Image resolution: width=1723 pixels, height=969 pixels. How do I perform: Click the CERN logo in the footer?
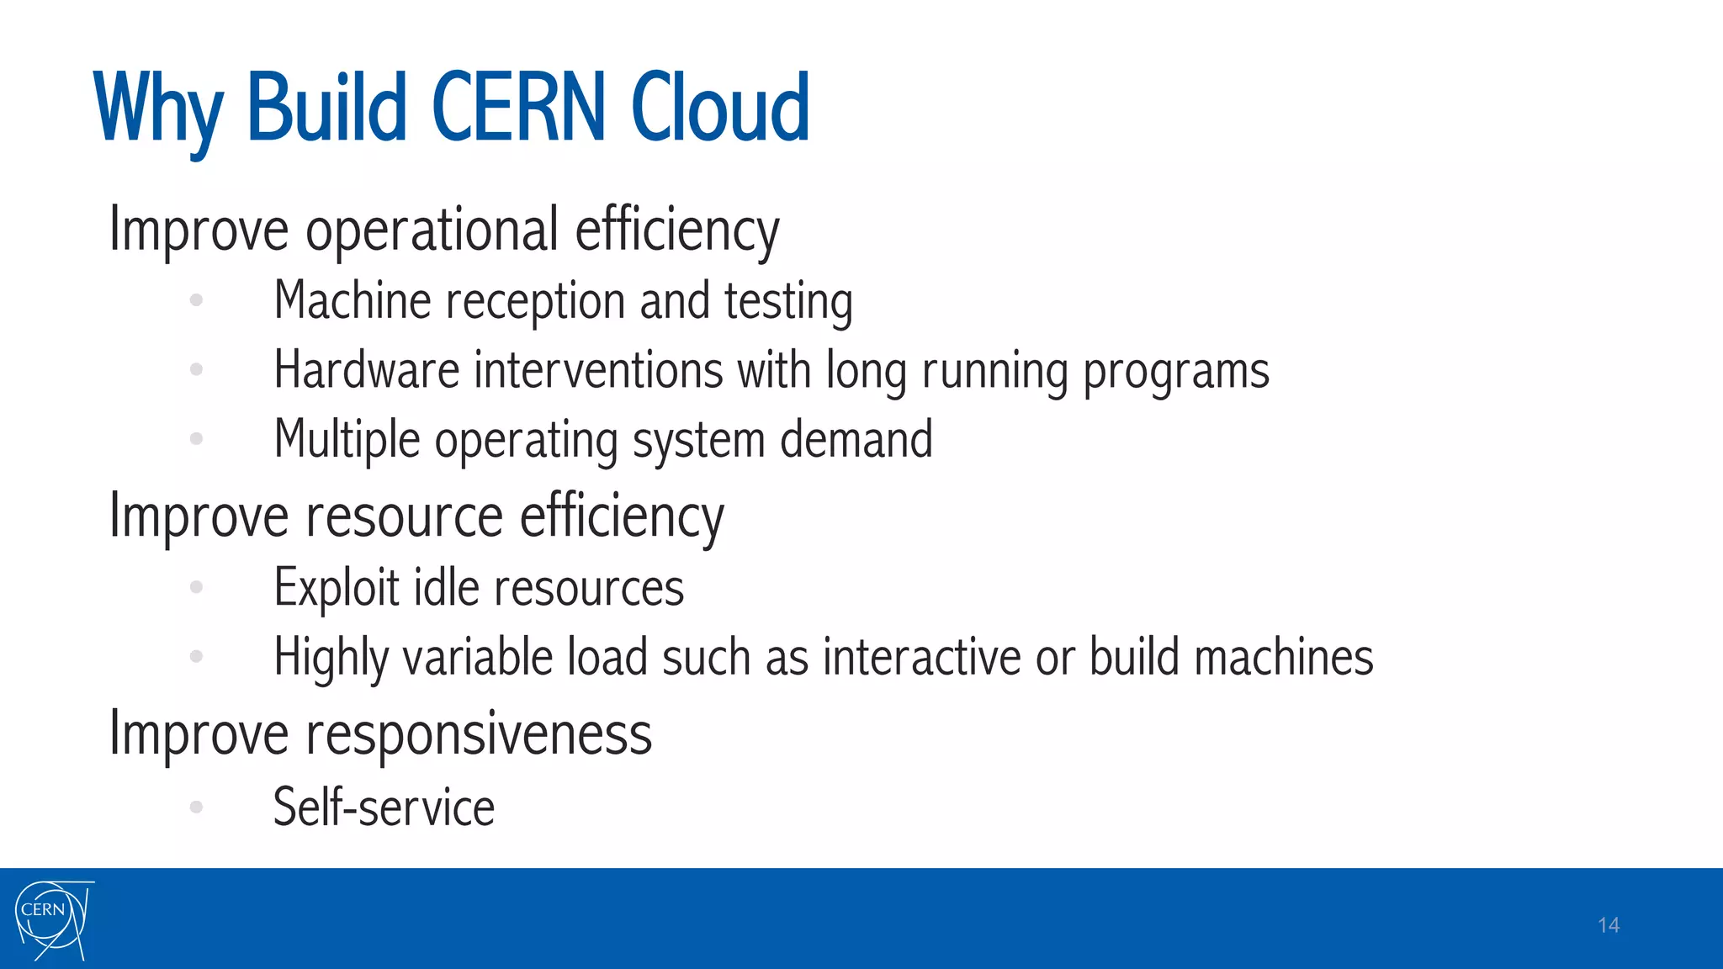point(52,919)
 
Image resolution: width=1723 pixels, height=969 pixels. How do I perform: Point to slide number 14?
point(1608,925)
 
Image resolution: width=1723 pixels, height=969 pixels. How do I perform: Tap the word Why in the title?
point(159,109)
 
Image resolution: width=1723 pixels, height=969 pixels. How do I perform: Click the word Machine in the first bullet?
point(353,301)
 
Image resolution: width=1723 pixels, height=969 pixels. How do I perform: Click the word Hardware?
point(367,370)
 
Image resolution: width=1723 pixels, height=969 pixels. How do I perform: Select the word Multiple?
point(347,440)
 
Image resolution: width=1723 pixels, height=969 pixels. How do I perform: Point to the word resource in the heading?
point(404,516)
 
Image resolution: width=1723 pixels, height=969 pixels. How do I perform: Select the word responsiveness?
point(478,735)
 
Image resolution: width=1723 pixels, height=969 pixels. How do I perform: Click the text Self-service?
point(384,807)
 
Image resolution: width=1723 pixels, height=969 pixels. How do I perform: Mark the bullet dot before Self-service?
point(197,807)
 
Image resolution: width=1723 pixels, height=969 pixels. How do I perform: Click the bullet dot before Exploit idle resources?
point(197,587)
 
